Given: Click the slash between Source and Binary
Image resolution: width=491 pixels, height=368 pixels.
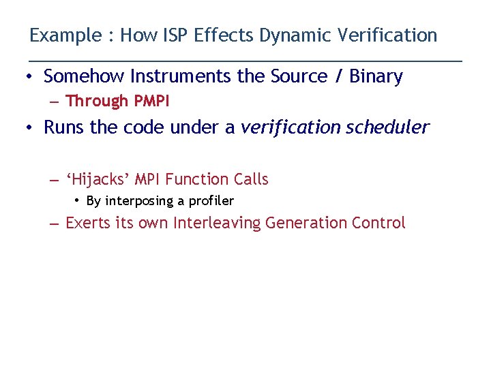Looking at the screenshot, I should coord(339,76).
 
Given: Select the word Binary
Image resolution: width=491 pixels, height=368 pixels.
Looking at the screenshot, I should coord(376,76).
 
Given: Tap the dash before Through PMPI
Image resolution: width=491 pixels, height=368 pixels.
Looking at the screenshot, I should coord(55,102).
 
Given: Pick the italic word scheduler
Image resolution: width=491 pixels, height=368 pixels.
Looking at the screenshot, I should coord(387,127).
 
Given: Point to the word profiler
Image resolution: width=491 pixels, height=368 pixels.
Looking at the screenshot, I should coord(211,201).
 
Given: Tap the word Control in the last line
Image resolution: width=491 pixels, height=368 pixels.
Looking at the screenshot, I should coord(378,223).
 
